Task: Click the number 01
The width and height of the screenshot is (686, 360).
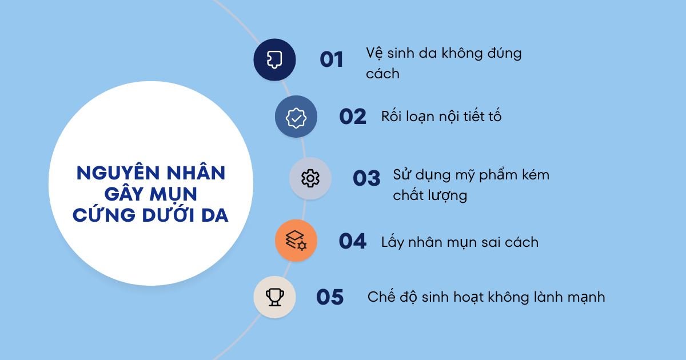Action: click(x=331, y=59)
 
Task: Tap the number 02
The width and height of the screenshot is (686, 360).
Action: click(x=352, y=117)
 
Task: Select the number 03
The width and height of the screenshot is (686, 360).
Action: click(x=366, y=178)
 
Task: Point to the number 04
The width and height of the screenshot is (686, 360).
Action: click(x=352, y=241)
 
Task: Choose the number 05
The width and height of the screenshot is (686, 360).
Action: click(x=330, y=297)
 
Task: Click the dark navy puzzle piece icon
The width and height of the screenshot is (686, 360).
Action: click(x=274, y=59)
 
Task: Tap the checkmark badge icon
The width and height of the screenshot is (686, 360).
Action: click(x=296, y=117)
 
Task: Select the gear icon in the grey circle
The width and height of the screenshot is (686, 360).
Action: click(x=310, y=178)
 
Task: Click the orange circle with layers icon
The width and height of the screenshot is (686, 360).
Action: click(x=296, y=241)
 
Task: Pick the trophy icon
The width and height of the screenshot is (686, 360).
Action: click(x=274, y=297)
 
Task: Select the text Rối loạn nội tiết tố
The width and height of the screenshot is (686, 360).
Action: click(x=441, y=117)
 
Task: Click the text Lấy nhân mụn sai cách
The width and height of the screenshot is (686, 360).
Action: click(x=460, y=242)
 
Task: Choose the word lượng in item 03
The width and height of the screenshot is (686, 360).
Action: click(x=446, y=195)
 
